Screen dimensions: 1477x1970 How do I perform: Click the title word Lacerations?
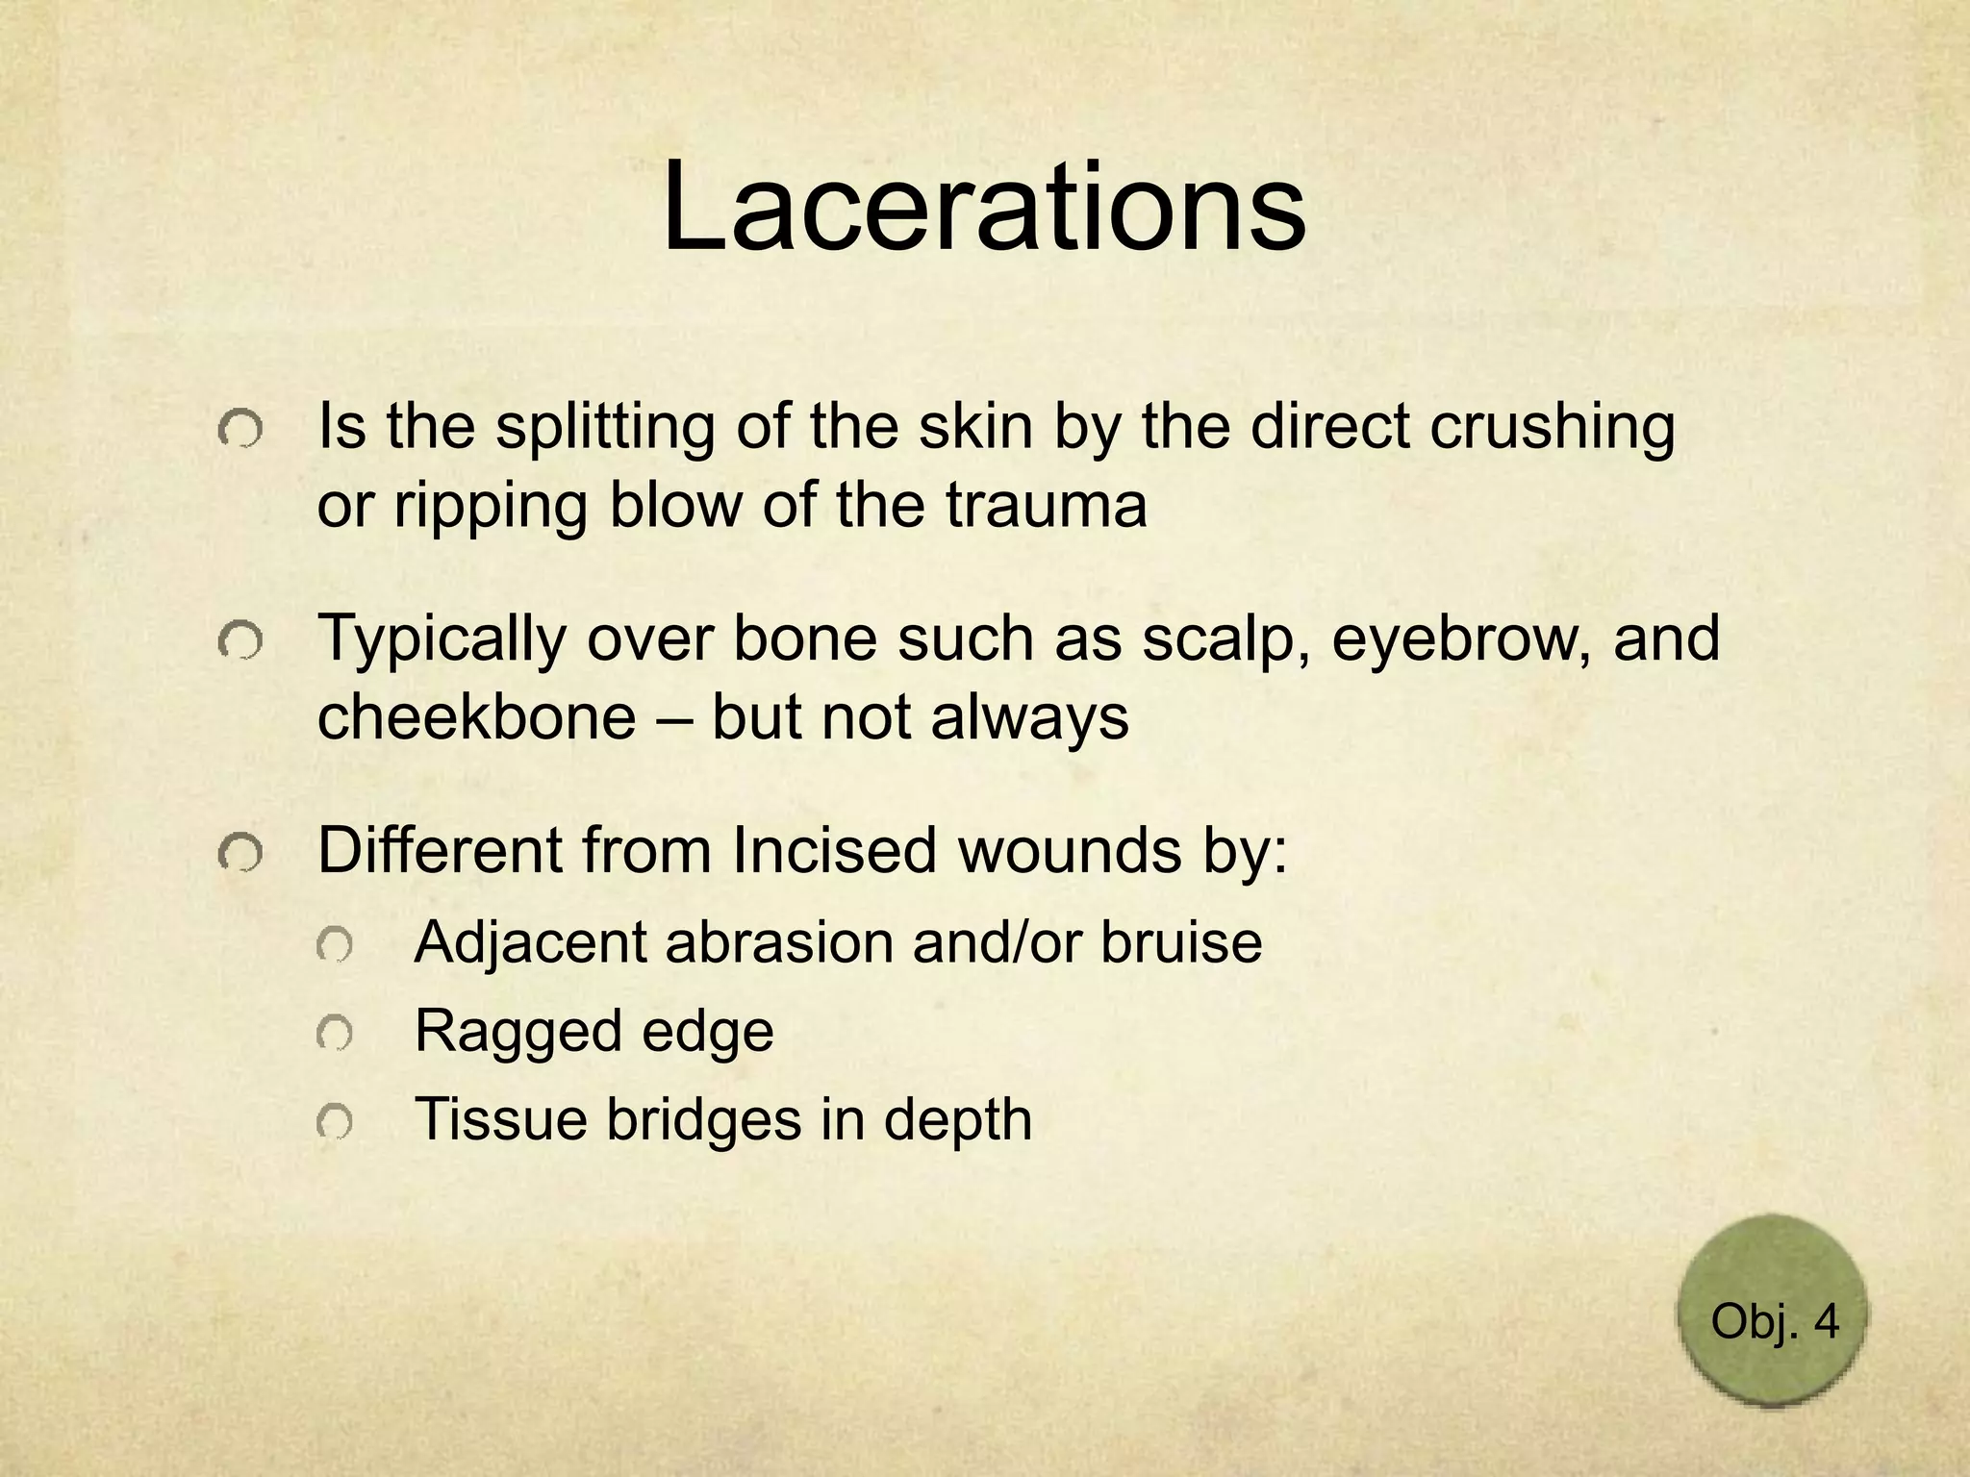(x=984, y=209)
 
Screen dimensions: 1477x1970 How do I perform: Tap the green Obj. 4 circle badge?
(x=1774, y=1313)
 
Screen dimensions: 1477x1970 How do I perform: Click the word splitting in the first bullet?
(x=605, y=427)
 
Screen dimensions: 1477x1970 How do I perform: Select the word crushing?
(x=1553, y=427)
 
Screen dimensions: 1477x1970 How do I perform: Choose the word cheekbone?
(x=476, y=717)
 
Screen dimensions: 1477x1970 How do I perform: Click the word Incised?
(x=833, y=850)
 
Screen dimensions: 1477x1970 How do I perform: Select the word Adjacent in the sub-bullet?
(x=530, y=942)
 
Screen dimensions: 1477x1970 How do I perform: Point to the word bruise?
(x=1181, y=942)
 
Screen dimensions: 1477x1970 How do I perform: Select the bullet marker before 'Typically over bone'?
(x=240, y=641)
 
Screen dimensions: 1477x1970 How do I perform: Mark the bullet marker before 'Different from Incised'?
(x=240, y=853)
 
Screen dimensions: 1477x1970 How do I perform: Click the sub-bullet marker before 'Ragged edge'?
(x=334, y=1034)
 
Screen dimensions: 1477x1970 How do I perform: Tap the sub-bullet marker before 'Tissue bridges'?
(x=334, y=1122)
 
